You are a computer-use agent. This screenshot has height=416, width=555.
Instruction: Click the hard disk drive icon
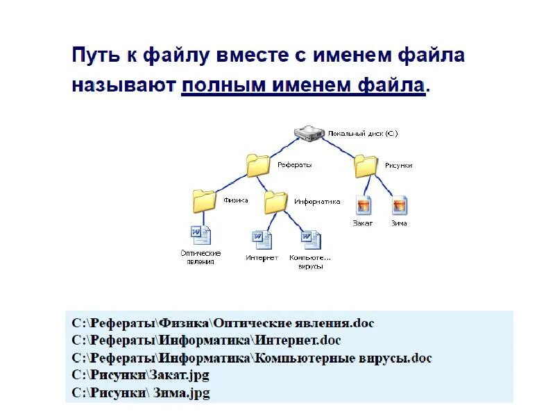click(308, 132)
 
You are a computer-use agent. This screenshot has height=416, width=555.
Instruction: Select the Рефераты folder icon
click(258, 166)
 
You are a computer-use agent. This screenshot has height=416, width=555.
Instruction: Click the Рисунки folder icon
click(366, 166)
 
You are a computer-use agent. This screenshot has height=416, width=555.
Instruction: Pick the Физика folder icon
click(205, 201)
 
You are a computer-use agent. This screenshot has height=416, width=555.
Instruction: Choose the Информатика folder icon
click(275, 202)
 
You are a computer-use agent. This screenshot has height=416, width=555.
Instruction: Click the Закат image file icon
click(364, 205)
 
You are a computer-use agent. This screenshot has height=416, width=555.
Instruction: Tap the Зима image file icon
click(399, 205)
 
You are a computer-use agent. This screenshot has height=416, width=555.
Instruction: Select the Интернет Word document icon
click(262, 240)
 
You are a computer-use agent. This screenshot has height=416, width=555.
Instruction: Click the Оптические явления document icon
click(200, 235)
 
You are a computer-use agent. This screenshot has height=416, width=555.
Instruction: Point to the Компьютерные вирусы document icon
click(310, 240)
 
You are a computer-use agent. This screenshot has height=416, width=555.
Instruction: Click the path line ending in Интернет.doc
click(207, 340)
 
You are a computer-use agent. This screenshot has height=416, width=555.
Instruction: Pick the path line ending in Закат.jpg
click(141, 375)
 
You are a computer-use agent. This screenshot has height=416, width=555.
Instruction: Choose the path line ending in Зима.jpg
click(141, 393)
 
